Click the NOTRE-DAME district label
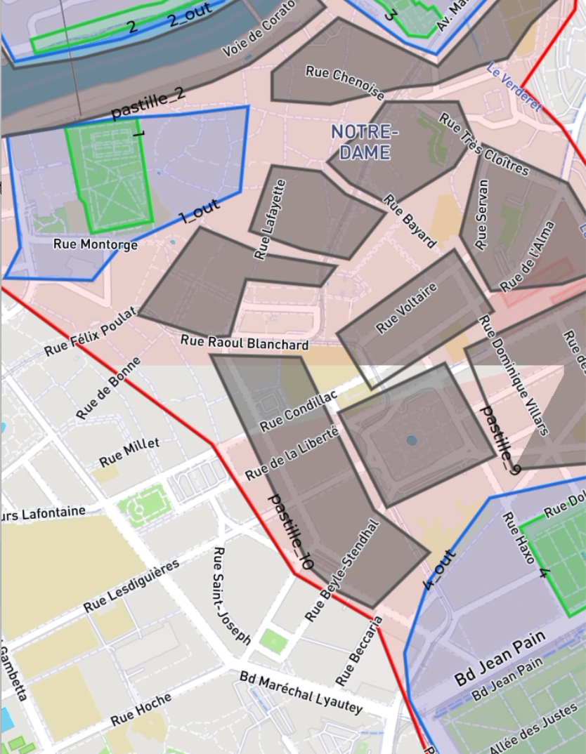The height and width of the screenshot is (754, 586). point(364,142)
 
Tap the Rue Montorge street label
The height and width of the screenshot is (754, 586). point(96,244)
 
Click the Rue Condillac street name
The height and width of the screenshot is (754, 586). point(298,411)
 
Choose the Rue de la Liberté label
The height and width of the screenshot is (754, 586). point(292,454)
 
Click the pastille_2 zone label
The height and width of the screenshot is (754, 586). point(148,103)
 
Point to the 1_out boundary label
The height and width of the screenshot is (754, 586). point(200,211)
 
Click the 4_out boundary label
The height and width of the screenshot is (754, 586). point(439,570)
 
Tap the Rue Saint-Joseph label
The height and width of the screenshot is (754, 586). point(232,596)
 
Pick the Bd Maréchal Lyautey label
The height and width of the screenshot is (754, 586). point(301,692)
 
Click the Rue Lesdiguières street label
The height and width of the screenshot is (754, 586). point(131,586)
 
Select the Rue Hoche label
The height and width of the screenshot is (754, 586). point(141,710)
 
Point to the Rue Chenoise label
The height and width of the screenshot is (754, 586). point(345,83)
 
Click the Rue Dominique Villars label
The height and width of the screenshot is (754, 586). point(514,376)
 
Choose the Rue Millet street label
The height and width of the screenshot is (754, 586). point(129,452)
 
